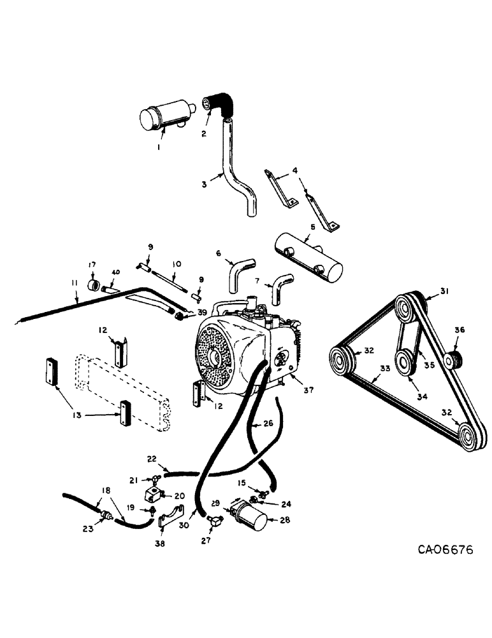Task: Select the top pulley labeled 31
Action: pyautogui.click(x=405, y=309)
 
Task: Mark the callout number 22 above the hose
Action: pyautogui.click(x=152, y=459)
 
